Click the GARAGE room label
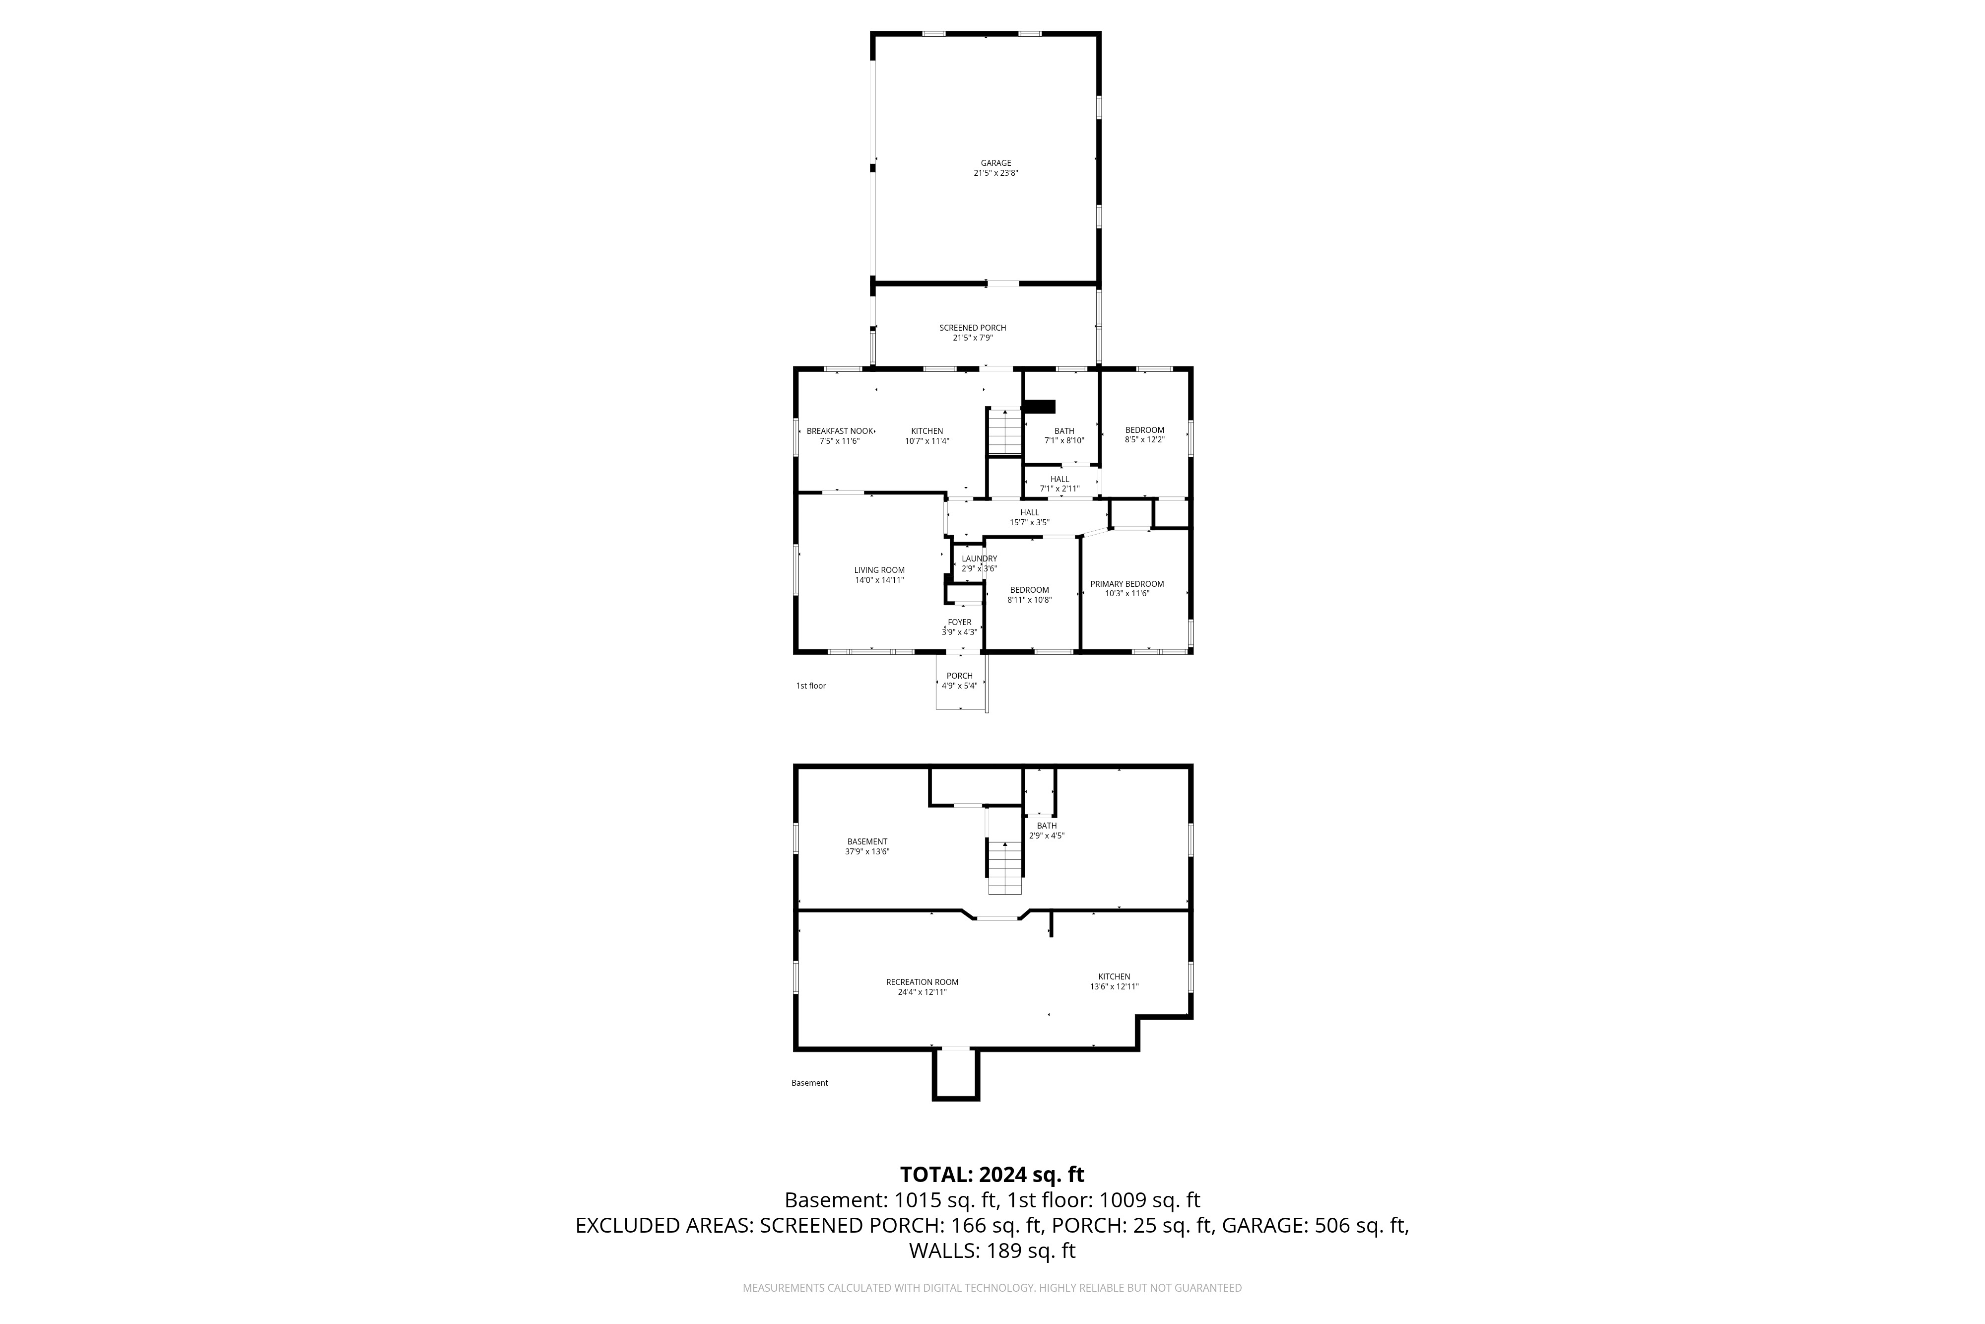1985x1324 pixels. pyautogui.click(x=996, y=163)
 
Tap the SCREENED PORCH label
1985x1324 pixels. pyautogui.click(x=973, y=328)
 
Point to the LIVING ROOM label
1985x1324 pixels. pyautogui.click(x=879, y=570)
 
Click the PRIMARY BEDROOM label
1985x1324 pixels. pyautogui.click(x=1126, y=583)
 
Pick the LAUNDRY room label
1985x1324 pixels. pyautogui.click(x=980, y=558)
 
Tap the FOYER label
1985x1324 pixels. pyautogui.click(x=960, y=623)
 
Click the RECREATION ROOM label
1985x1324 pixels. pyautogui.click(x=923, y=982)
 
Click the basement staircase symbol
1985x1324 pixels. pyautogui.click(x=1005, y=868)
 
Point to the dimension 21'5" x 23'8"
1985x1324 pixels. pyautogui.click(x=996, y=173)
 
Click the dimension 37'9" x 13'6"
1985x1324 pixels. pyautogui.click(x=867, y=852)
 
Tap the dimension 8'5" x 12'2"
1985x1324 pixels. pyautogui.click(x=1144, y=440)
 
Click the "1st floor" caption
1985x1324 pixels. pyautogui.click(x=811, y=686)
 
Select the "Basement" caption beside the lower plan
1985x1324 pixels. pyautogui.click(x=810, y=1083)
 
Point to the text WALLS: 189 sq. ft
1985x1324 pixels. pyautogui.click(x=992, y=1251)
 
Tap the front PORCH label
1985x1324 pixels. pyautogui.click(x=960, y=676)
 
